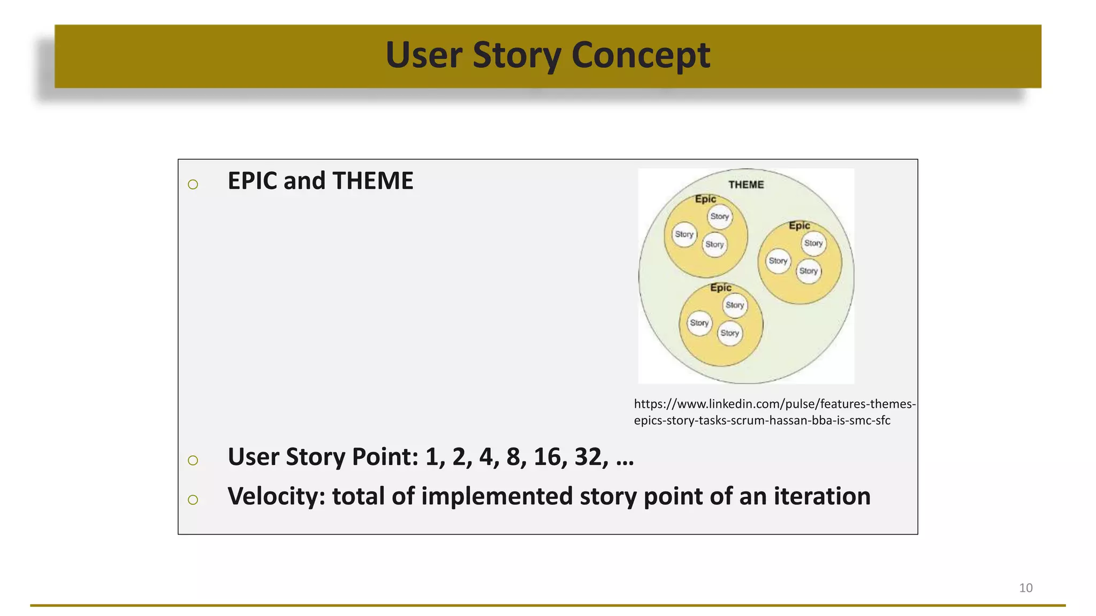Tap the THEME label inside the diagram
pyautogui.click(x=746, y=184)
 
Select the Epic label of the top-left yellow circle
pyautogui.click(x=705, y=199)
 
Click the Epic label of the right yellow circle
pyautogui.click(x=799, y=226)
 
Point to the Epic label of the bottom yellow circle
pyautogui.click(x=720, y=288)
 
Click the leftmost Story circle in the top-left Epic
pyautogui.click(x=684, y=234)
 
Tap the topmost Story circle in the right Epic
pyautogui.click(x=813, y=243)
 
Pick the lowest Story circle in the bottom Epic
pyautogui.click(x=729, y=333)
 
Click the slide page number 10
pyautogui.click(x=1025, y=588)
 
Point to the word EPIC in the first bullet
pyautogui.click(x=252, y=181)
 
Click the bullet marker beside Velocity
pyautogui.click(x=193, y=500)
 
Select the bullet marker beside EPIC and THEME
pyautogui.click(x=193, y=184)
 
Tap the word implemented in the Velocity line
pyautogui.click(x=497, y=496)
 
